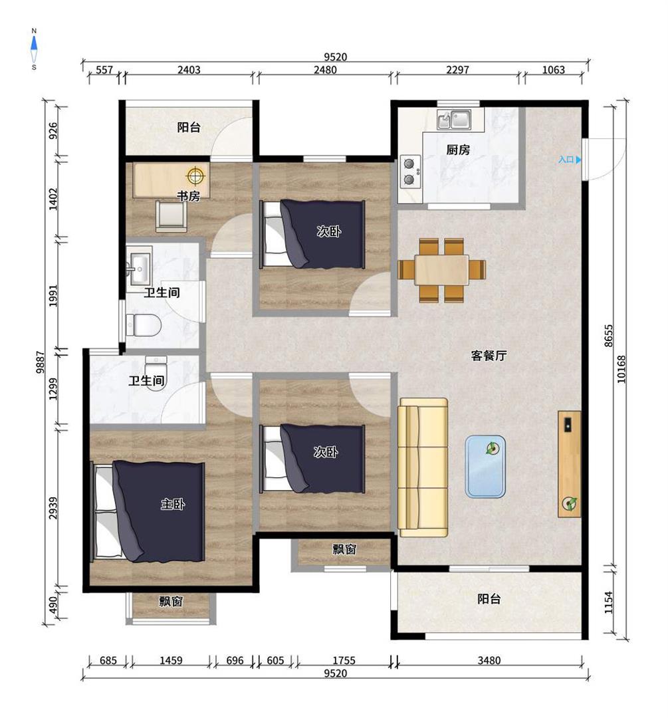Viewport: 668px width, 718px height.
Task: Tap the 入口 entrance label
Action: (x=566, y=160)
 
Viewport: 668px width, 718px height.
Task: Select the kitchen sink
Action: (x=454, y=120)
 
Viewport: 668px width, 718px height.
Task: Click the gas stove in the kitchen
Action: (x=410, y=172)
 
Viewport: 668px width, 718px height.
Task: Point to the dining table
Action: (x=442, y=270)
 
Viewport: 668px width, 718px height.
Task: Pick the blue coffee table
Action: (x=485, y=467)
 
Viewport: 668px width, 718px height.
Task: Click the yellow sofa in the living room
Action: (x=423, y=467)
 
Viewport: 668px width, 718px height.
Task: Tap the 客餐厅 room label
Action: (x=489, y=355)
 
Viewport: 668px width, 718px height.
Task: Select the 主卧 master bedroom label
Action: (x=173, y=504)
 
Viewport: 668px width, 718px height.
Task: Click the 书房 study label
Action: (x=189, y=196)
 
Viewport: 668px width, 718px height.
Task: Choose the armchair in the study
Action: (x=171, y=215)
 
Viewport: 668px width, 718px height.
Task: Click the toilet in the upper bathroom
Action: (x=144, y=325)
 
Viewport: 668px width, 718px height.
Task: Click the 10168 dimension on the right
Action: (x=621, y=369)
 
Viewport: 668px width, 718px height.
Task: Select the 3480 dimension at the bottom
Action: (x=489, y=660)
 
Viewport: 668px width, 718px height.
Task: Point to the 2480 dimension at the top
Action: (x=325, y=70)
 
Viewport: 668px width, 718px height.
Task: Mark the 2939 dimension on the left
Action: (x=54, y=508)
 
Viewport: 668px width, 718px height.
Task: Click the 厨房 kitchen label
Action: (x=458, y=150)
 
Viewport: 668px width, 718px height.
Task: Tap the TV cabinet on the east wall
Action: (x=570, y=464)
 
